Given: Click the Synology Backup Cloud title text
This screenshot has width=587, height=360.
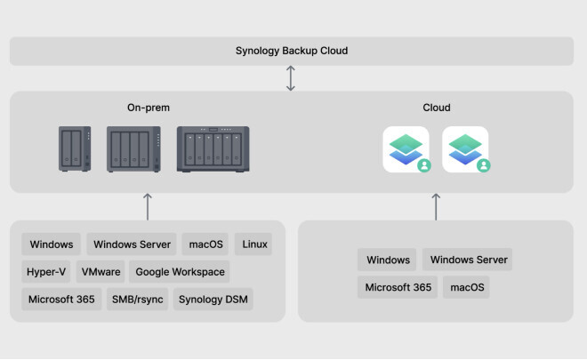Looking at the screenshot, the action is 292,51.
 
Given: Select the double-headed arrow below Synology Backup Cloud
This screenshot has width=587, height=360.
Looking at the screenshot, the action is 291,78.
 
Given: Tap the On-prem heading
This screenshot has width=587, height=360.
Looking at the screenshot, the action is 149,108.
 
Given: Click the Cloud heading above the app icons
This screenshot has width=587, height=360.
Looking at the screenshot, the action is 437,108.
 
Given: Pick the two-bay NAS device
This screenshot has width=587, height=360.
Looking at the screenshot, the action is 75,149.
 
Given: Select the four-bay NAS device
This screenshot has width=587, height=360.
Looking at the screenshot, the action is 133,149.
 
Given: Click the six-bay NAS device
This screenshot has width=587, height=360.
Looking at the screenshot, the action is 213,149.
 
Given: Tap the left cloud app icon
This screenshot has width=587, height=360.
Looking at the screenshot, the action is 406,149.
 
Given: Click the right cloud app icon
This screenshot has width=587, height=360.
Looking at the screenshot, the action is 465,149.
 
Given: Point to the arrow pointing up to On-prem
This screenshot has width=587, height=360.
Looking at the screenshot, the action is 148,206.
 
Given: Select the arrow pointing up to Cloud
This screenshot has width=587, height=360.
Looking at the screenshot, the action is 436,206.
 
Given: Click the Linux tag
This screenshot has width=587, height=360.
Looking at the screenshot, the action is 253,244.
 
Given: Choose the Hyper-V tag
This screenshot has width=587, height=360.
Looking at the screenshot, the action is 46,272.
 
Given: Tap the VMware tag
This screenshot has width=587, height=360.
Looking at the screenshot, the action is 101,272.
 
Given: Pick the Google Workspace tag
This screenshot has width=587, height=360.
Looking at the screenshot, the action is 180,272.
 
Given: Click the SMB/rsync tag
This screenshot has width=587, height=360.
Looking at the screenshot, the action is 137,300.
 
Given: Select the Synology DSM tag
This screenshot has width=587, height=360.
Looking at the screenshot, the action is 213,300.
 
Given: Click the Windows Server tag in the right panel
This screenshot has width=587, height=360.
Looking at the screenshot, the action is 468,260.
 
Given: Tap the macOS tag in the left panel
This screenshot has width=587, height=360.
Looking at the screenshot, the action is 205,244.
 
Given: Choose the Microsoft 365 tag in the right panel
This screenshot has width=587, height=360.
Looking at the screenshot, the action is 398,287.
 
